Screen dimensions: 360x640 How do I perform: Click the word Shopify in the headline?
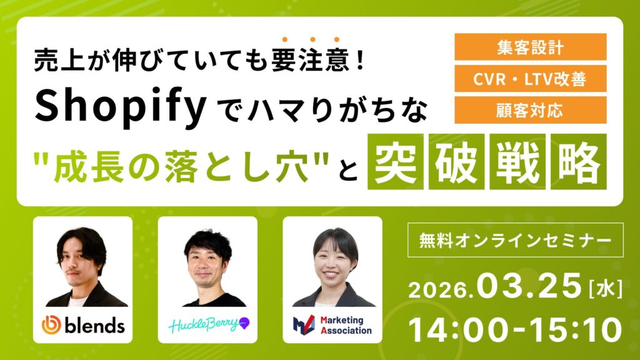121,107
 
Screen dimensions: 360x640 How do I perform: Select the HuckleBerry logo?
208,326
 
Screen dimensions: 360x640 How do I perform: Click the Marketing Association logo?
332,325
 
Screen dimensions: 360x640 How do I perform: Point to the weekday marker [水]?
604,288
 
